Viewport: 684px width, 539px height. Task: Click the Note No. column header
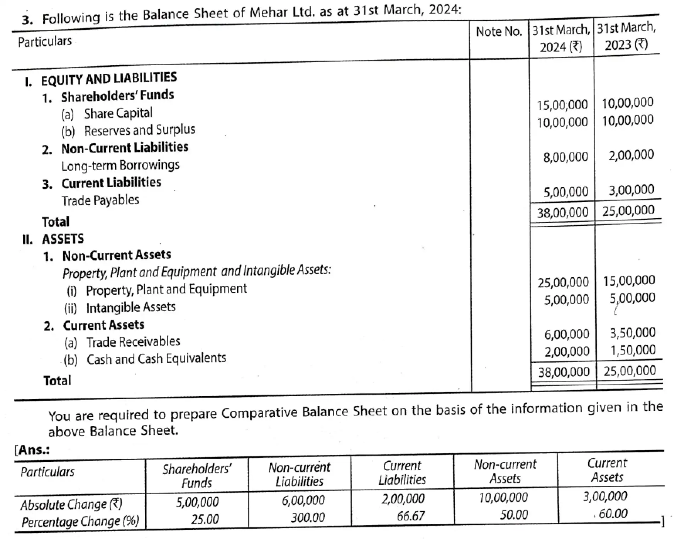point(499,32)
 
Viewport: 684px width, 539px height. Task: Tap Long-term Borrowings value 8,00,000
point(565,157)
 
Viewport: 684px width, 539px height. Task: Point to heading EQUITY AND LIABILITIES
point(108,79)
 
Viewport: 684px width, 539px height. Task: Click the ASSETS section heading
point(63,239)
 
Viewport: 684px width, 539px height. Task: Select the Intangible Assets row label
point(130,308)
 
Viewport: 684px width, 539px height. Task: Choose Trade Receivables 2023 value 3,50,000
point(632,333)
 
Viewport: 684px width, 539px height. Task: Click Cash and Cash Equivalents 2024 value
point(567,352)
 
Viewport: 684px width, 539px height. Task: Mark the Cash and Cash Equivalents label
point(156,359)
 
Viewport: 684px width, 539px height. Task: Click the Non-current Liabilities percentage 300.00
point(308,517)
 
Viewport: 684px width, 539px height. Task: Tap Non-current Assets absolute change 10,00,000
point(503,498)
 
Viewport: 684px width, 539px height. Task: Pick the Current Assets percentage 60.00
point(613,514)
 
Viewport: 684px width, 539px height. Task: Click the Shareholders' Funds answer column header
point(196,476)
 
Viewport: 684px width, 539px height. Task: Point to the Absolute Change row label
point(71,505)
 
